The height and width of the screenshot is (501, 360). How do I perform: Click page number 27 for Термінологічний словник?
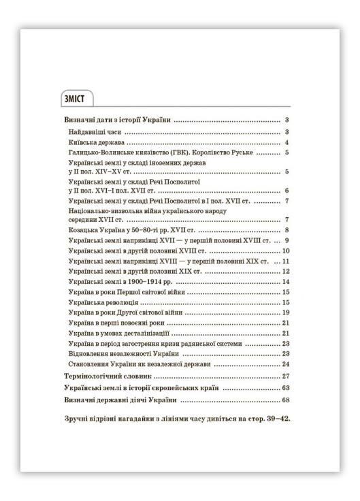(x=286, y=375)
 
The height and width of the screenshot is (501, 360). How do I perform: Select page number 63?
(x=286, y=387)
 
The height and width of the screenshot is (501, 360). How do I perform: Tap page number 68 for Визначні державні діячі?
(x=286, y=399)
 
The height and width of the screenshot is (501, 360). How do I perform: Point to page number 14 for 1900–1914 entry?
(x=287, y=281)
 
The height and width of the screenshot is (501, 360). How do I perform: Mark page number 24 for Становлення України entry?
(x=287, y=364)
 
